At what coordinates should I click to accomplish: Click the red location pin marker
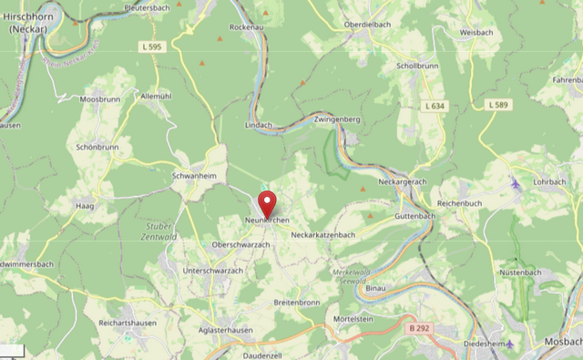(x=267, y=201)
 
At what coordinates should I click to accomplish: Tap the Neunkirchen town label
(x=267, y=221)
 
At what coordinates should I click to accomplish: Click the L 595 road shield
(x=153, y=46)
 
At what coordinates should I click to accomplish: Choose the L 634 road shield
(x=435, y=107)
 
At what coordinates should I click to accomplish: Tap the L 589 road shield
(x=498, y=106)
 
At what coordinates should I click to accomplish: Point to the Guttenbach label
(x=415, y=216)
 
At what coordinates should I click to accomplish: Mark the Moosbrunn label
(x=100, y=98)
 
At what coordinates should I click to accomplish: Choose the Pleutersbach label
(x=147, y=7)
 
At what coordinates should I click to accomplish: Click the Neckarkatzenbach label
(x=322, y=235)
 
